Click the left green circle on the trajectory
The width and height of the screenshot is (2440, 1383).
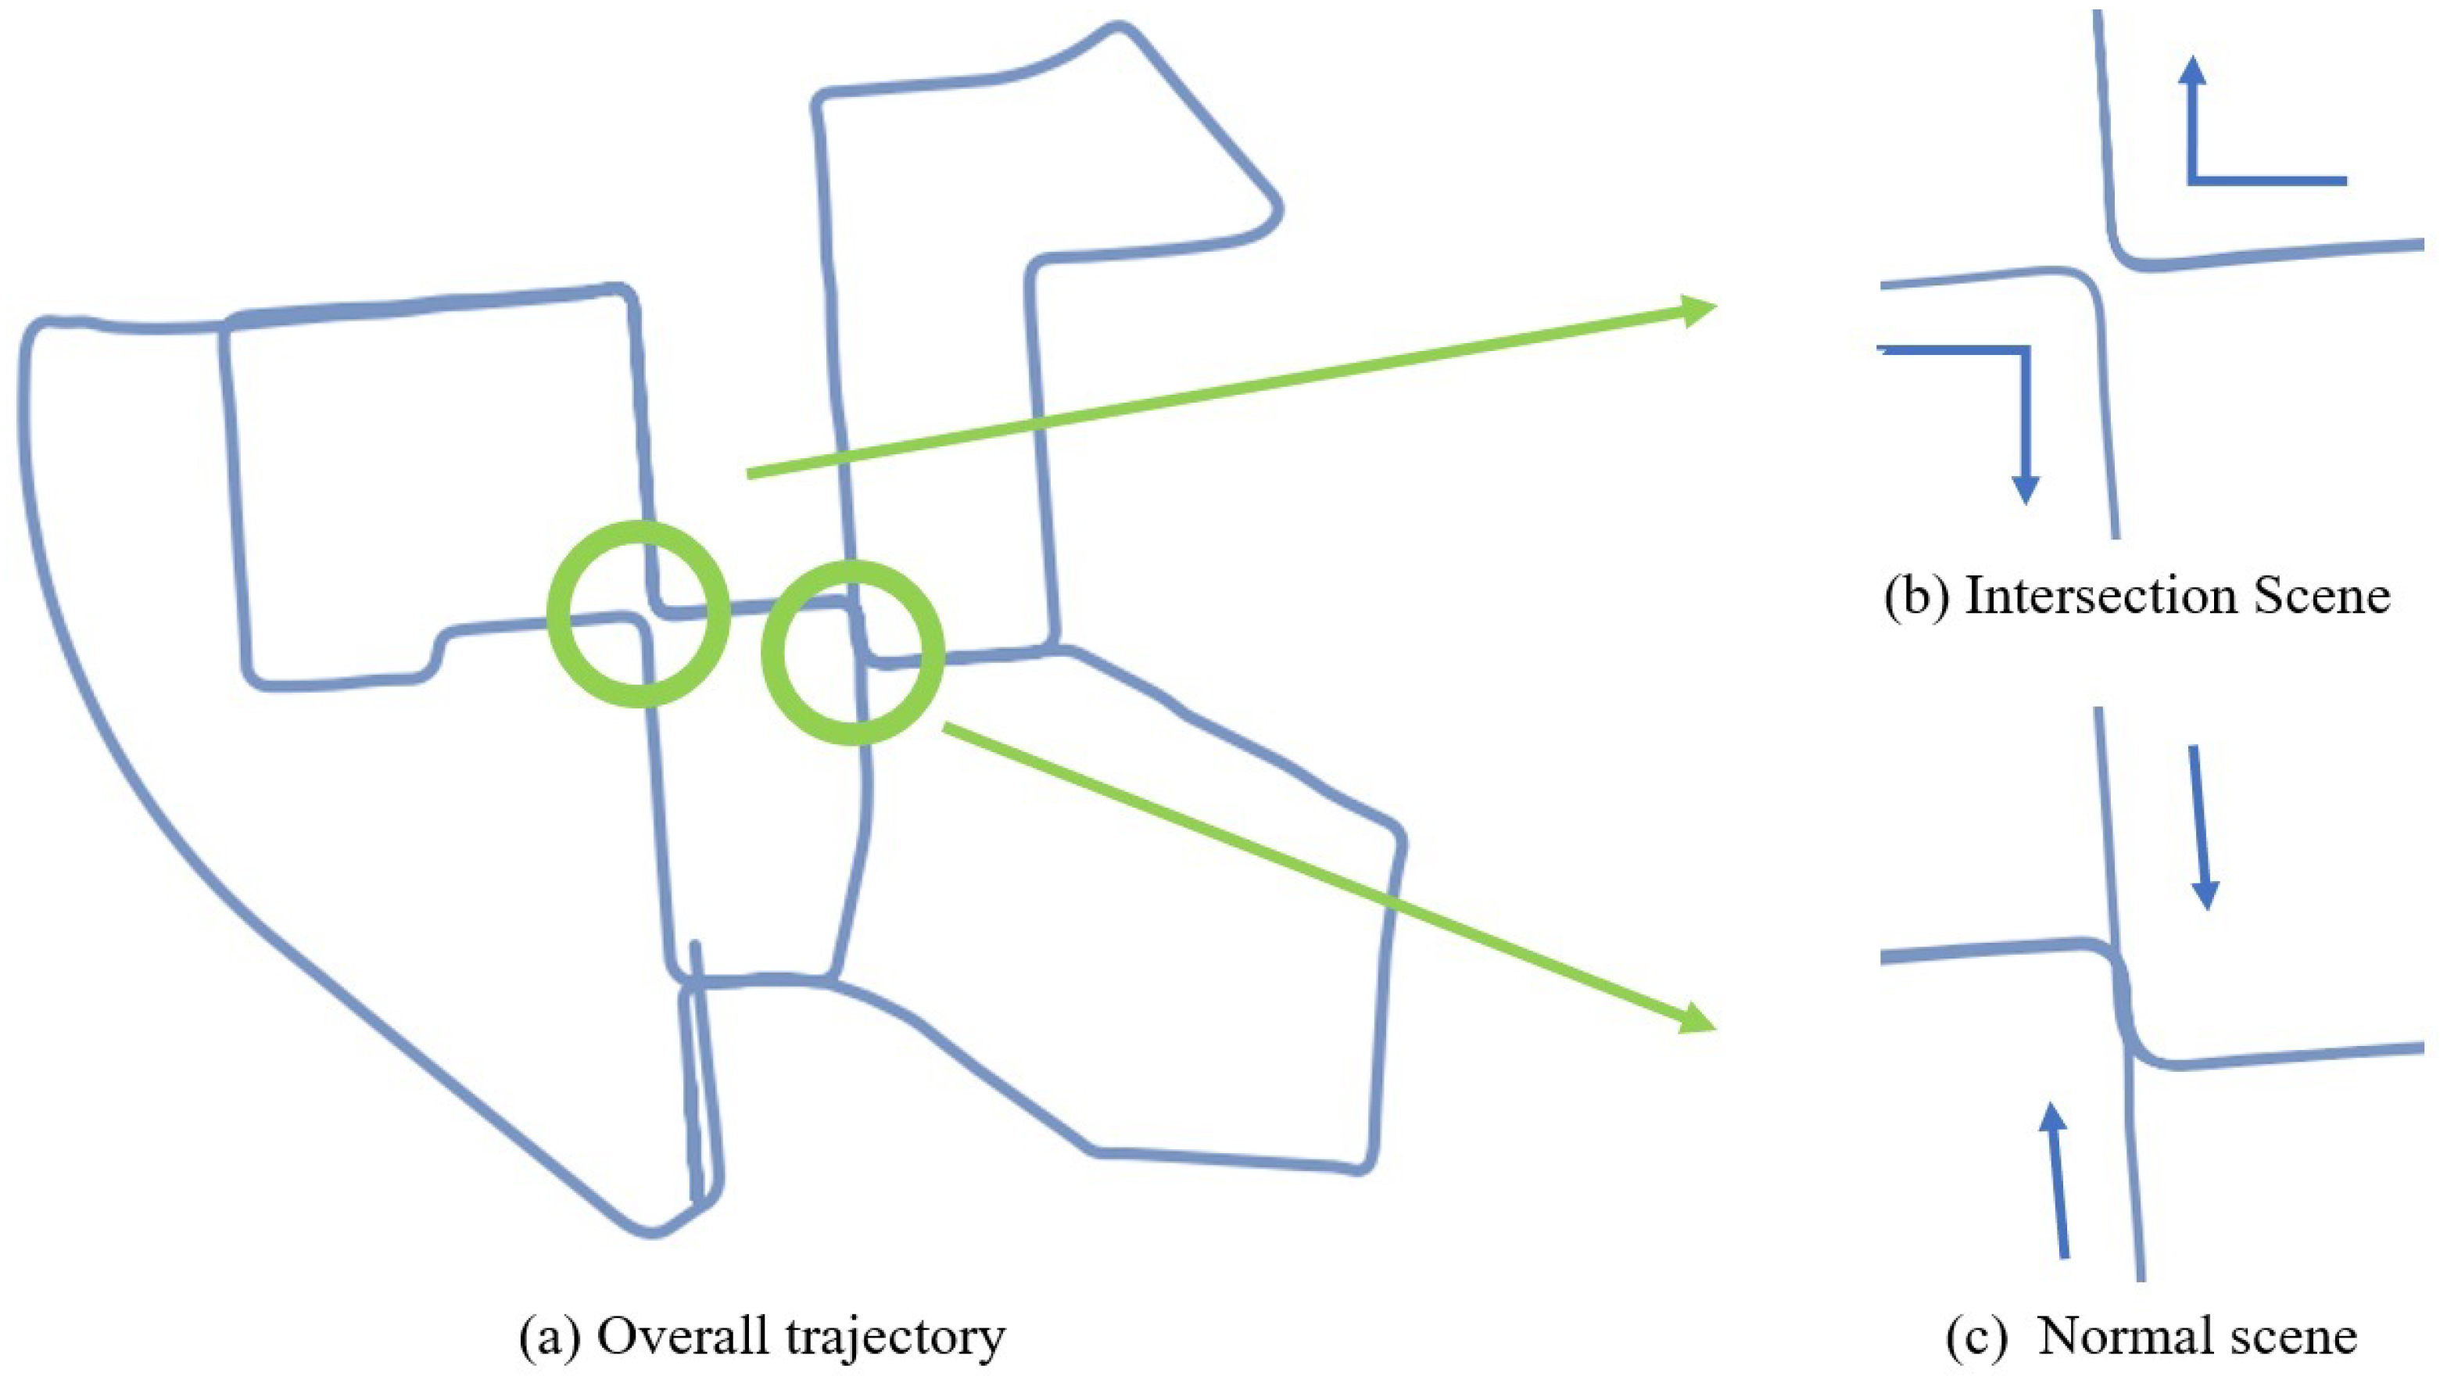(x=638, y=614)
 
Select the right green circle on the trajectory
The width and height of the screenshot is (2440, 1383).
(x=853, y=651)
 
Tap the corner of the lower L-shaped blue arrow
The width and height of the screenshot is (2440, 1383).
(x=2025, y=352)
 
